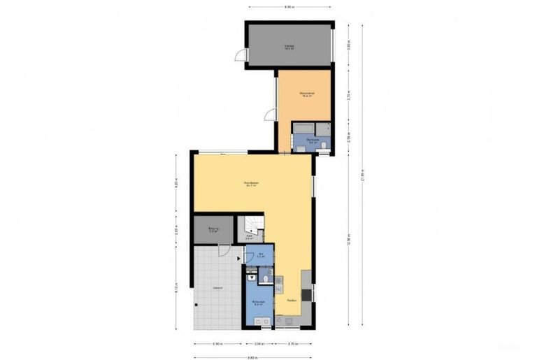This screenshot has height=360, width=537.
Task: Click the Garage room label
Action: (x=288, y=47)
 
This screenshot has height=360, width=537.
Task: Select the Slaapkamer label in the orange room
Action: (x=305, y=94)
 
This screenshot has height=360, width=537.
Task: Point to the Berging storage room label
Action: (x=213, y=229)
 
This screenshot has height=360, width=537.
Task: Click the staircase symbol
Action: (x=251, y=225)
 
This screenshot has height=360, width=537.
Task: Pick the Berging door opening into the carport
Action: (x=224, y=252)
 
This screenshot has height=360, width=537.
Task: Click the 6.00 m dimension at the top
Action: (x=289, y=7)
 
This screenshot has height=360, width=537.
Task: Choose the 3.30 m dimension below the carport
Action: (x=217, y=344)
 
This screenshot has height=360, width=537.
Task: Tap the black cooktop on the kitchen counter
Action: (x=306, y=294)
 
